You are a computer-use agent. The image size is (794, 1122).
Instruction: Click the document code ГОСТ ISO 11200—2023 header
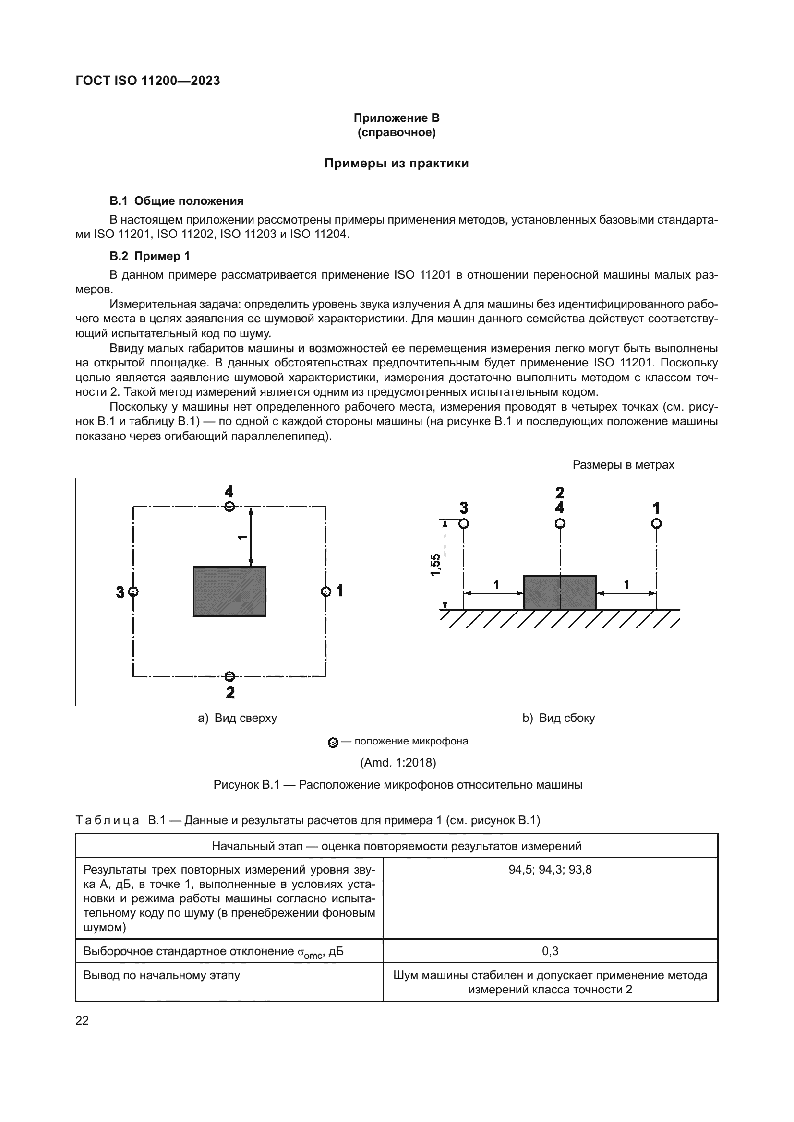point(148,81)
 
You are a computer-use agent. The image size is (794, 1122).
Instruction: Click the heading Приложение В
point(397,118)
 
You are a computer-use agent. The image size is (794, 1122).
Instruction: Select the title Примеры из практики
point(397,163)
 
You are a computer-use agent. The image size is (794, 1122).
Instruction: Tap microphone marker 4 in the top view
point(229,506)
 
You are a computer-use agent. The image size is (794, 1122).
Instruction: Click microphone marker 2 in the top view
point(229,676)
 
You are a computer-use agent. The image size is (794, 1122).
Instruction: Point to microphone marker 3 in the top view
point(133,592)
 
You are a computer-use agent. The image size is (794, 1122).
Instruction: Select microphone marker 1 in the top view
point(325,592)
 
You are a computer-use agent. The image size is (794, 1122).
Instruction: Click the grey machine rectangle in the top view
point(229,591)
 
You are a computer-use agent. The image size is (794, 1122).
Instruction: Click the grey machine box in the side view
point(560,592)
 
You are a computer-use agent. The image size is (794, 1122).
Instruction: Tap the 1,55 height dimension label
point(435,565)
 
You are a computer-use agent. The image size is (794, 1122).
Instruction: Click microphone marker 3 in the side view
point(464,524)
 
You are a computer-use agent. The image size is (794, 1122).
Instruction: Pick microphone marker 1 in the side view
point(657,524)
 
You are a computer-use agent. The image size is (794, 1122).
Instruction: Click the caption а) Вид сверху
point(237,718)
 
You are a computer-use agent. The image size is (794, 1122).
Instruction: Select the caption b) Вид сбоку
point(558,718)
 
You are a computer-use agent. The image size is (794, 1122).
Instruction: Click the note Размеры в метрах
point(624,465)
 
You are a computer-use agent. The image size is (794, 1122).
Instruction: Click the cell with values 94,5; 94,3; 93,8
point(550,869)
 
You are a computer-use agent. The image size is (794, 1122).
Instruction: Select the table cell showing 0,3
point(550,951)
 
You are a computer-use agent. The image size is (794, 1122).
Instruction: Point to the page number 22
point(82,1020)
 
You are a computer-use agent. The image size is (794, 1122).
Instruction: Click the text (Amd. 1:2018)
point(397,762)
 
